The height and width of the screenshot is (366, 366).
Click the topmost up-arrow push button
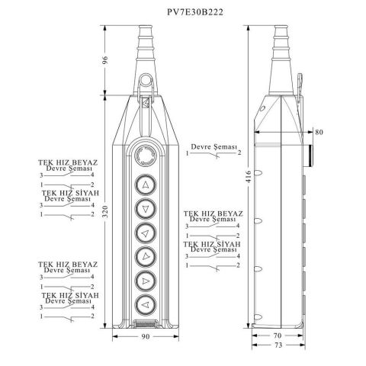tap(145, 183)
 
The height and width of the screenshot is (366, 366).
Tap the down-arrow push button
tap(145, 207)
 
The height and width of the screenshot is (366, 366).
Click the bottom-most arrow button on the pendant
tap(144, 304)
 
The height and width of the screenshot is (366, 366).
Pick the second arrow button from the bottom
tap(144, 281)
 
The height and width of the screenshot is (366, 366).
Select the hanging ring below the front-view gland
tap(144, 82)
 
